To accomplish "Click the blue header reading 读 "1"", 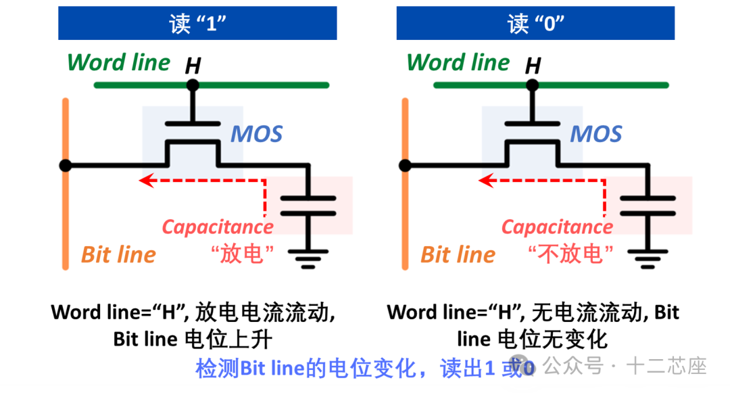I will (x=197, y=24).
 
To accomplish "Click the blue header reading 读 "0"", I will (x=535, y=24).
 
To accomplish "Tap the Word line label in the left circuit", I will (x=119, y=63).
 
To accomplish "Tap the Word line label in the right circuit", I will (x=458, y=63).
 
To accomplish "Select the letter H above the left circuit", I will (x=193, y=66).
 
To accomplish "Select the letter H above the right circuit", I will (x=533, y=66).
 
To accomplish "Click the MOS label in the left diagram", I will (x=256, y=134).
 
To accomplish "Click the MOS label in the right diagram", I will (x=595, y=134).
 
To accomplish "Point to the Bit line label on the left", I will (x=118, y=255).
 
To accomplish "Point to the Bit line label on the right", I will (x=458, y=255).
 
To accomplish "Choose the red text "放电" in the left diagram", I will (x=242, y=254).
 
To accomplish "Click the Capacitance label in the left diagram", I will (x=218, y=227).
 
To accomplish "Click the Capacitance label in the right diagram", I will (x=557, y=227).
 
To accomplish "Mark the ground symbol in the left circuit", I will (x=308, y=258).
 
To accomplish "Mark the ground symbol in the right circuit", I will (x=648, y=258).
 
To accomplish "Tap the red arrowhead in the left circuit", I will (x=144, y=181).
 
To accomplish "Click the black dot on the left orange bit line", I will (x=65, y=165).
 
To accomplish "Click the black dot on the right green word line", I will (x=533, y=85).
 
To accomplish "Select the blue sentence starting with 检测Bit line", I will (x=365, y=369).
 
